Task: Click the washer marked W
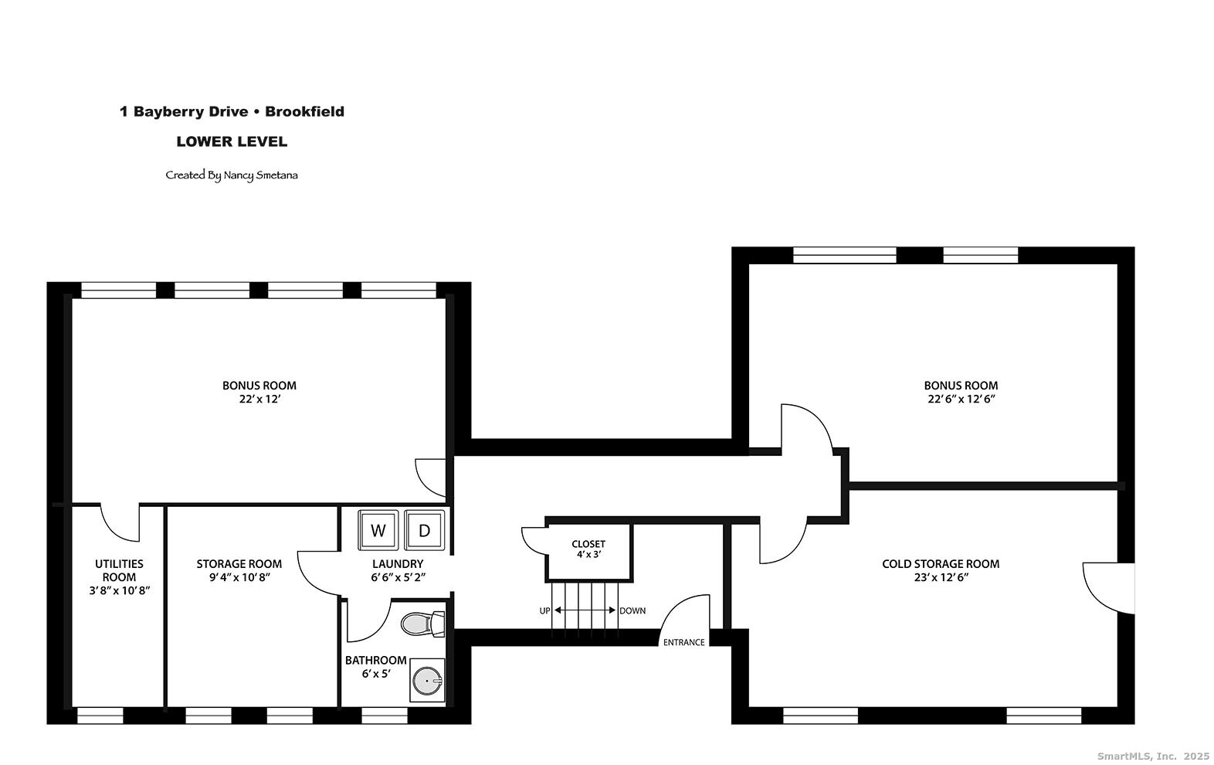coord(378,529)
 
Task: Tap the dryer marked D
coord(424,529)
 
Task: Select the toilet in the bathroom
coord(422,624)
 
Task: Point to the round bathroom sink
coord(427,681)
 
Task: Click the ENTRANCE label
coord(684,642)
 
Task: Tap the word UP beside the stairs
coord(544,611)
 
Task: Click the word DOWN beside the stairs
coord(632,611)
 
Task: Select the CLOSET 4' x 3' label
coord(588,549)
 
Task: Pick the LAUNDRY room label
coord(398,564)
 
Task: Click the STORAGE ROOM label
coord(239,564)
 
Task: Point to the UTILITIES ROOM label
coord(119,570)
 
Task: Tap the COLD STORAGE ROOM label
coord(941,564)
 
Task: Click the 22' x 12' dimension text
coord(259,399)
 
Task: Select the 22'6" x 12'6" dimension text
coord(961,399)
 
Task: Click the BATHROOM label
coord(375,661)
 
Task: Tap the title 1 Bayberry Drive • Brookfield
coord(232,112)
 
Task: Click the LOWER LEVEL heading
coord(232,141)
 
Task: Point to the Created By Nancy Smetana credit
coord(232,175)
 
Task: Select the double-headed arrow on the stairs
coord(585,610)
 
